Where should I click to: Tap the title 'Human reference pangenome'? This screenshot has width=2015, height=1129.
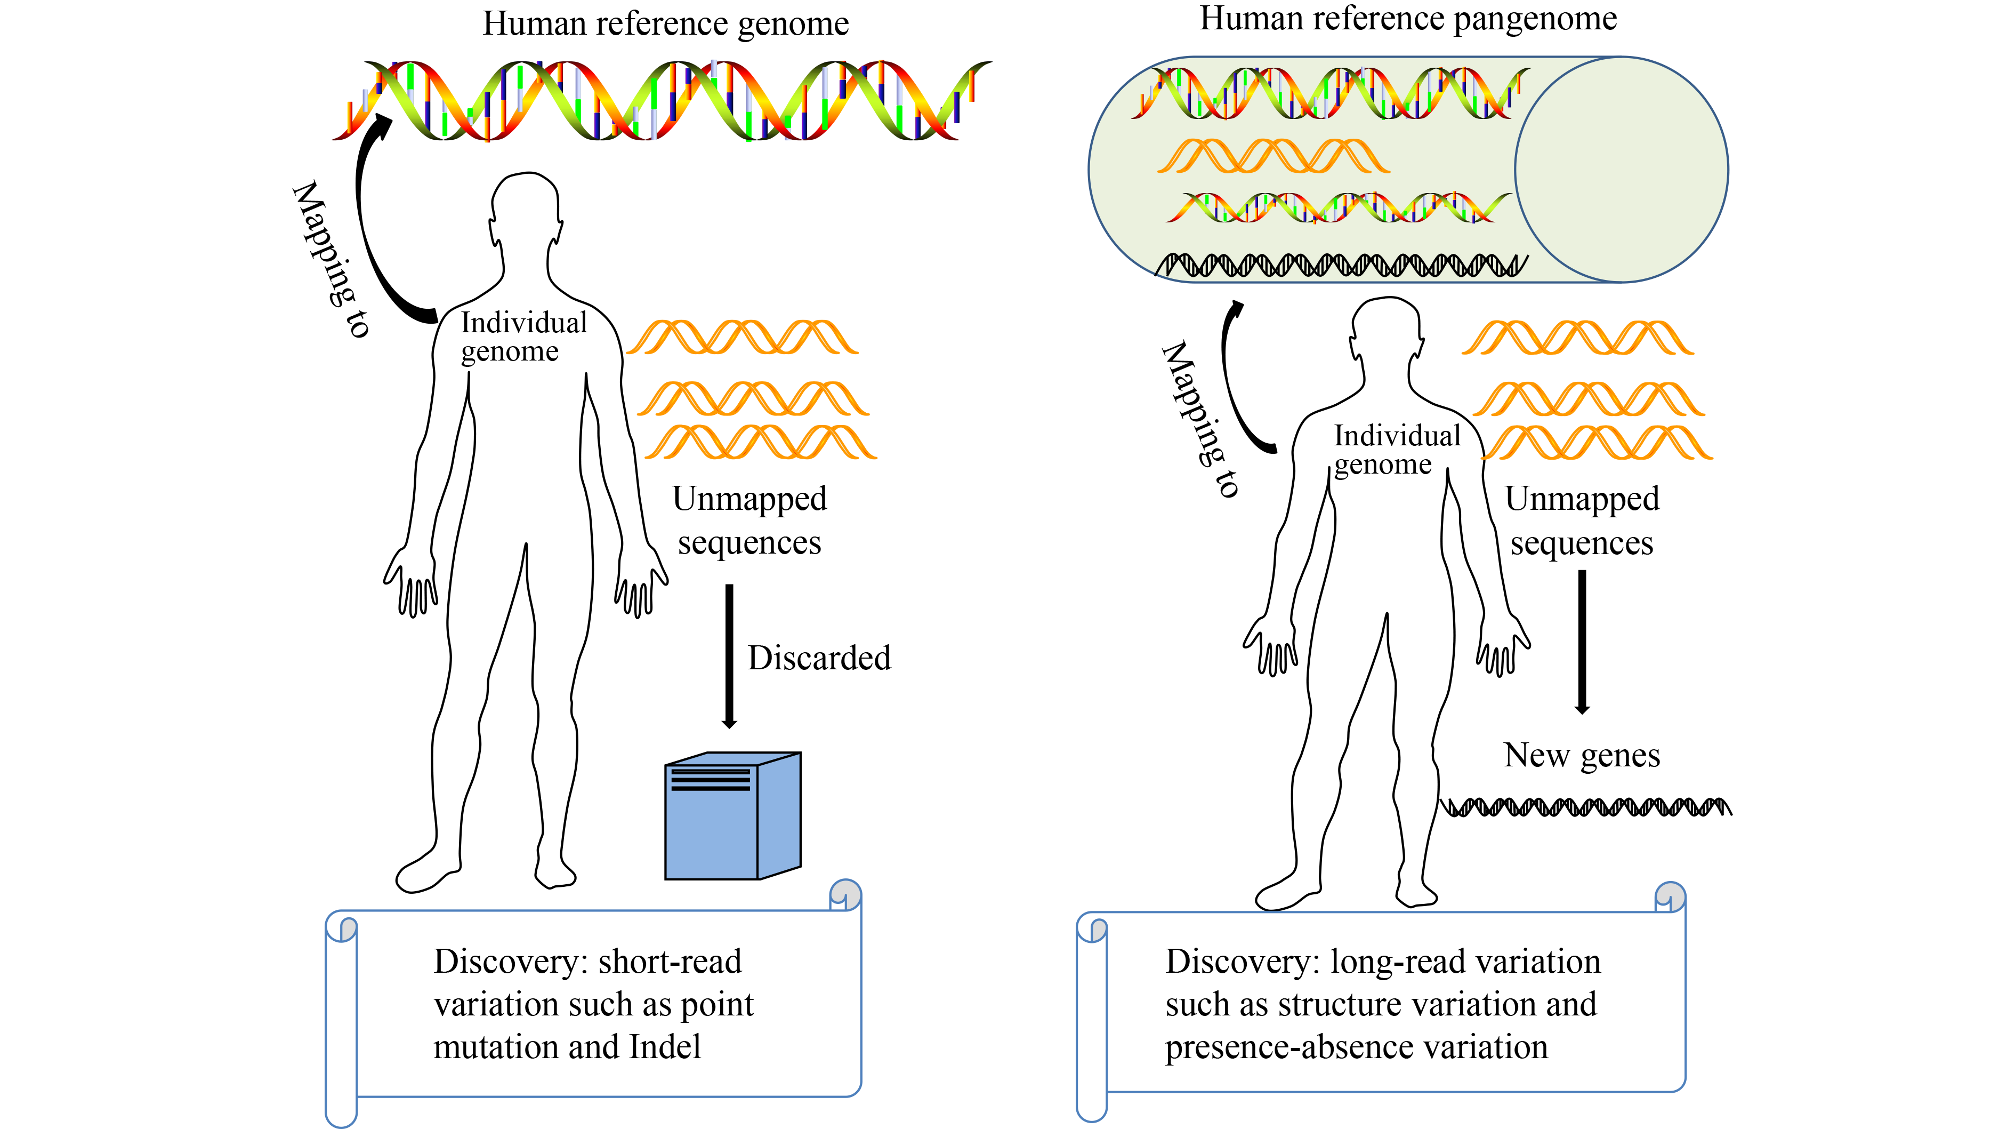coord(1408,19)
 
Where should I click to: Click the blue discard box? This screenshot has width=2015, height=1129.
coord(732,818)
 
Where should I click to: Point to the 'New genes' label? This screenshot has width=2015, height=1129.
coord(1582,756)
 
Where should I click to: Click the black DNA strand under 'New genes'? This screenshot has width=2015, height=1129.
coord(1586,807)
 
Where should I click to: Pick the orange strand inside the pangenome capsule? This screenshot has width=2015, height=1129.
coord(1274,156)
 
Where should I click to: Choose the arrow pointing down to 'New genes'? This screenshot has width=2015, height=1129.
coord(1582,642)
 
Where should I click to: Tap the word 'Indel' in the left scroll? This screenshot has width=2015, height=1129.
coord(665,1047)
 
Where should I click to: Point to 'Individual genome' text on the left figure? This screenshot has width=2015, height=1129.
coord(522,337)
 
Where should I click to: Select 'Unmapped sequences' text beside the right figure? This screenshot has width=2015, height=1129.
coord(1582,521)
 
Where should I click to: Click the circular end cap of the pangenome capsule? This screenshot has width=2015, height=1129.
coord(1622,170)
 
